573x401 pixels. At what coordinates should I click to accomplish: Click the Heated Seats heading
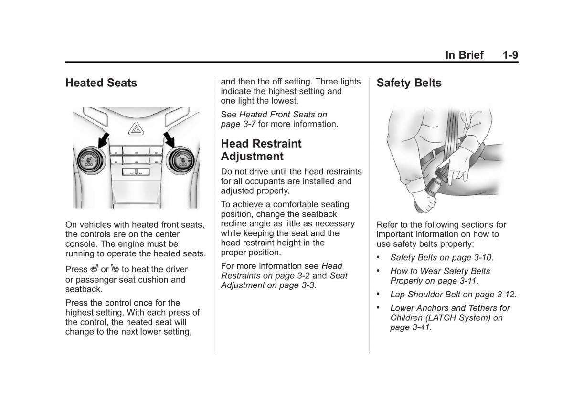(101, 83)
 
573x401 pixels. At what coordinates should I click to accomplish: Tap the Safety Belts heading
(409, 83)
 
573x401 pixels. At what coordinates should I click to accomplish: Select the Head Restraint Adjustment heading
(261, 150)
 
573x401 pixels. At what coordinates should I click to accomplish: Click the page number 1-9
(510, 55)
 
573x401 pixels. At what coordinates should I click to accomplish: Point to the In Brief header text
(464, 55)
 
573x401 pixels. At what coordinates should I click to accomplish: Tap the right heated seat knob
(182, 159)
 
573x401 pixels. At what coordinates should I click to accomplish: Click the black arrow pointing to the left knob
(102, 139)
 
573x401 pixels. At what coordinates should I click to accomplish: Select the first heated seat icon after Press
(95, 269)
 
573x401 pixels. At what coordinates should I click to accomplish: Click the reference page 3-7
(238, 124)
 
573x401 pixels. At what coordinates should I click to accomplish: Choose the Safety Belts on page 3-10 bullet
(441, 257)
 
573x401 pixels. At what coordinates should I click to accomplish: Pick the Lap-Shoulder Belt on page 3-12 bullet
(453, 295)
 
